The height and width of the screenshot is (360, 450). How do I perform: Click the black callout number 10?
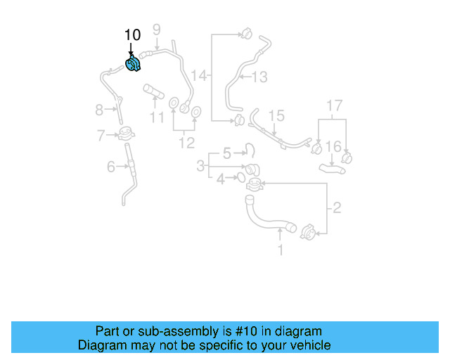click(x=132, y=35)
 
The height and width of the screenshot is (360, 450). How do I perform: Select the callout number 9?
click(x=157, y=30)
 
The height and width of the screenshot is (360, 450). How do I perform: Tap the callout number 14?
click(x=200, y=75)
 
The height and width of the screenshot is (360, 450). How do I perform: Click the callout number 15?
click(x=276, y=115)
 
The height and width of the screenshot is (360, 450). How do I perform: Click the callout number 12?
click(x=186, y=143)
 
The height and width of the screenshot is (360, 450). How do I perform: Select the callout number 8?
click(x=99, y=110)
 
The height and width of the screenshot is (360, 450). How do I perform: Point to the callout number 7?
click(x=101, y=134)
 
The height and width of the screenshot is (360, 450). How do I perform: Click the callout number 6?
click(x=111, y=167)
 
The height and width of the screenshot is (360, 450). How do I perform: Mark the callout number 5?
click(x=226, y=153)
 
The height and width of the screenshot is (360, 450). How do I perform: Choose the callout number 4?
click(x=221, y=179)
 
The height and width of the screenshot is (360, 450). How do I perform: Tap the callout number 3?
click(x=200, y=167)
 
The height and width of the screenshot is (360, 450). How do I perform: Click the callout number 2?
click(x=336, y=207)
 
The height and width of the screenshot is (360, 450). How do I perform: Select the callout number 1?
click(x=281, y=250)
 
